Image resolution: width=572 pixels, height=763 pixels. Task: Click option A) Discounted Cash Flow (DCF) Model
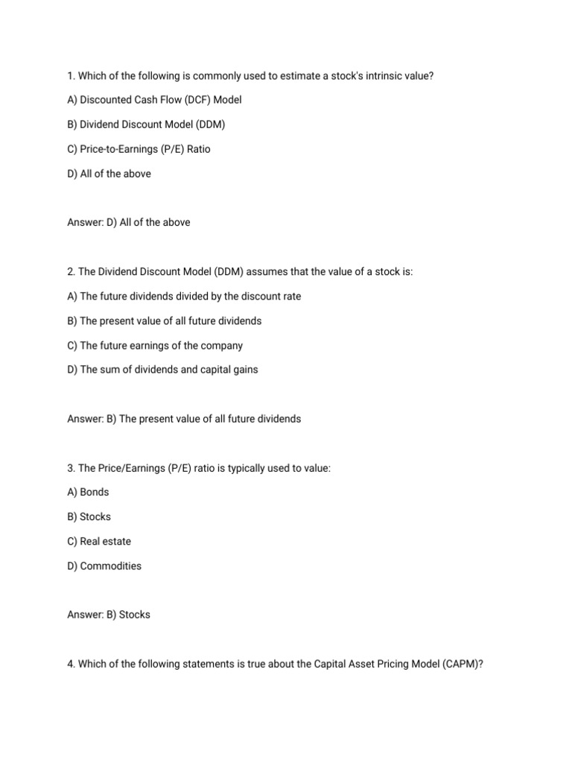[154, 100]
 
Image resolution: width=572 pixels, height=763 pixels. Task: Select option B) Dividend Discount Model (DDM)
[146, 124]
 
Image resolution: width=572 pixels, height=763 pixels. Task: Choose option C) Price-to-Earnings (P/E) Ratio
[139, 149]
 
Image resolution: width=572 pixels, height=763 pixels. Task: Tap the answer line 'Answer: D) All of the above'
[128, 222]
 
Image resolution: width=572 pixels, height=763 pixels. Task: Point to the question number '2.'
[71, 272]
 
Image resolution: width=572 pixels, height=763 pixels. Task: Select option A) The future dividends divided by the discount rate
[184, 297]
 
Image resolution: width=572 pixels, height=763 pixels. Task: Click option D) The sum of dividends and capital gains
[162, 370]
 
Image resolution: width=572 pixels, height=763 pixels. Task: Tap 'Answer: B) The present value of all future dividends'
[184, 419]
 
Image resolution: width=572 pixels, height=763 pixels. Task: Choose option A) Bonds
[88, 492]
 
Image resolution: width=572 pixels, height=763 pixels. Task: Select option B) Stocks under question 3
[89, 516]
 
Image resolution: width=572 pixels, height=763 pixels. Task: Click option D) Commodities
[104, 566]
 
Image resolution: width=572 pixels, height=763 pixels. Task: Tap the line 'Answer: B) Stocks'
[108, 615]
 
